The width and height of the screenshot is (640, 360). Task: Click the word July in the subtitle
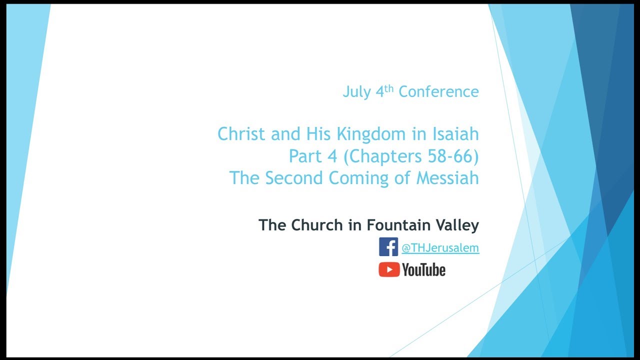point(356,92)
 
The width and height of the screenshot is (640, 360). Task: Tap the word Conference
point(438,92)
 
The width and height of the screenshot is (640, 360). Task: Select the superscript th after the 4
point(389,88)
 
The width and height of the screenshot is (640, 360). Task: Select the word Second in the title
point(293,178)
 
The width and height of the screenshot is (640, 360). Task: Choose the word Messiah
point(447,178)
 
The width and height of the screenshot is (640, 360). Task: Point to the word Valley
point(456,225)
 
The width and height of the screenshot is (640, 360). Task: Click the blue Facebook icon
point(388,247)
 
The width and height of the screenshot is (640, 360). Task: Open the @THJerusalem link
point(440,248)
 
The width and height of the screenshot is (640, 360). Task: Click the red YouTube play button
point(388,270)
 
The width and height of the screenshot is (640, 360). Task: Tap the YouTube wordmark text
point(423,270)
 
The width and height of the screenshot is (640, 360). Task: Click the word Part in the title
point(305,156)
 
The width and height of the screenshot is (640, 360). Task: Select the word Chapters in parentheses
point(385,157)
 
